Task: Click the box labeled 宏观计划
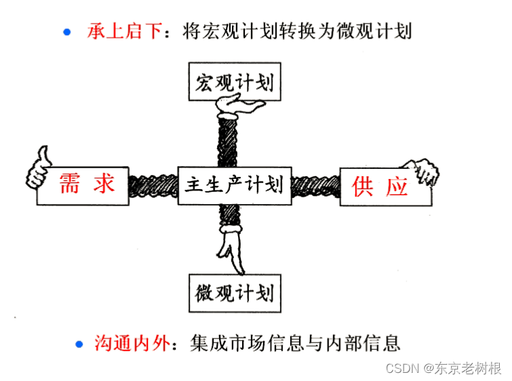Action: coord(234,82)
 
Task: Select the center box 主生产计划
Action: coord(234,184)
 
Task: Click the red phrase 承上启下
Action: coord(125,31)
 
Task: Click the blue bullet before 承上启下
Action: coord(66,31)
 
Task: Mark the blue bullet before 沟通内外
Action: coord(79,343)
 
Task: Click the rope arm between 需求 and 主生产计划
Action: coord(153,184)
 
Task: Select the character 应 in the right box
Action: coord(397,186)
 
